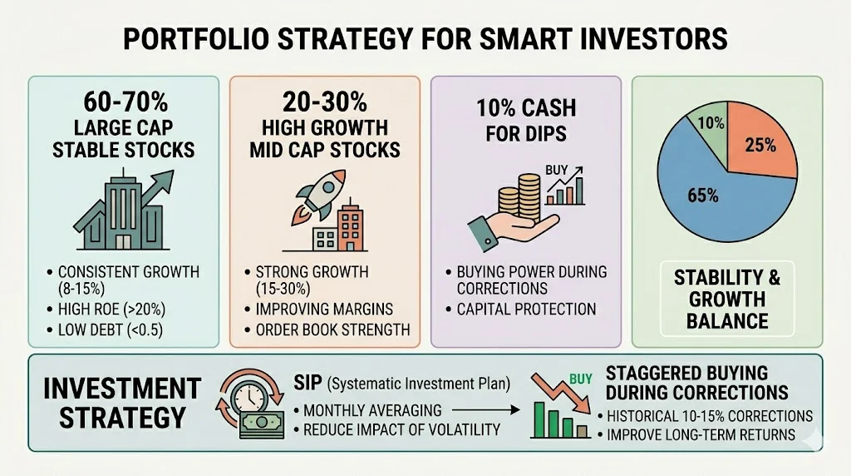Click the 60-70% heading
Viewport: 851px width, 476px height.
click(x=124, y=103)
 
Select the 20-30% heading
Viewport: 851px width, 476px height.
click(x=325, y=103)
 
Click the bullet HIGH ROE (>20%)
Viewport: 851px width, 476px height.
click(x=111, y=310)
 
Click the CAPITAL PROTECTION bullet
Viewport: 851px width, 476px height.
click(x=526, y=309)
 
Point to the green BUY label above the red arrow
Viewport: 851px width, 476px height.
click(x=580, y=379)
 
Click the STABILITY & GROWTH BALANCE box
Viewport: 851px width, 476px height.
click(x=727, y=298)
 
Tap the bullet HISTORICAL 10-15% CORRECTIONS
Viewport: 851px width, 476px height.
click(x=709, y=415)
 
